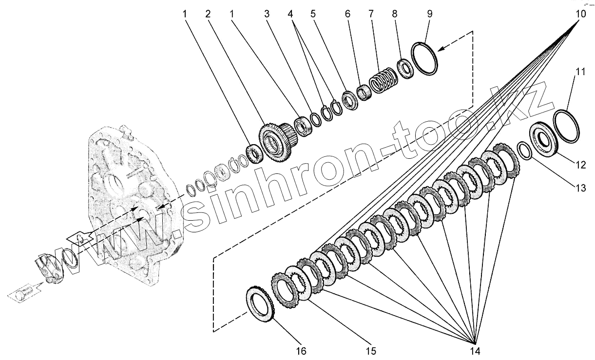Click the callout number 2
point(208,14)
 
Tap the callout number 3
point(267,14)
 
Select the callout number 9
point(430,14)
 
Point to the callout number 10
point(580,14)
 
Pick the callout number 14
point(475,351)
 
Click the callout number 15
point(371,351)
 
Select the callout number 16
point(301,351)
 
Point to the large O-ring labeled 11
point(567,125)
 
